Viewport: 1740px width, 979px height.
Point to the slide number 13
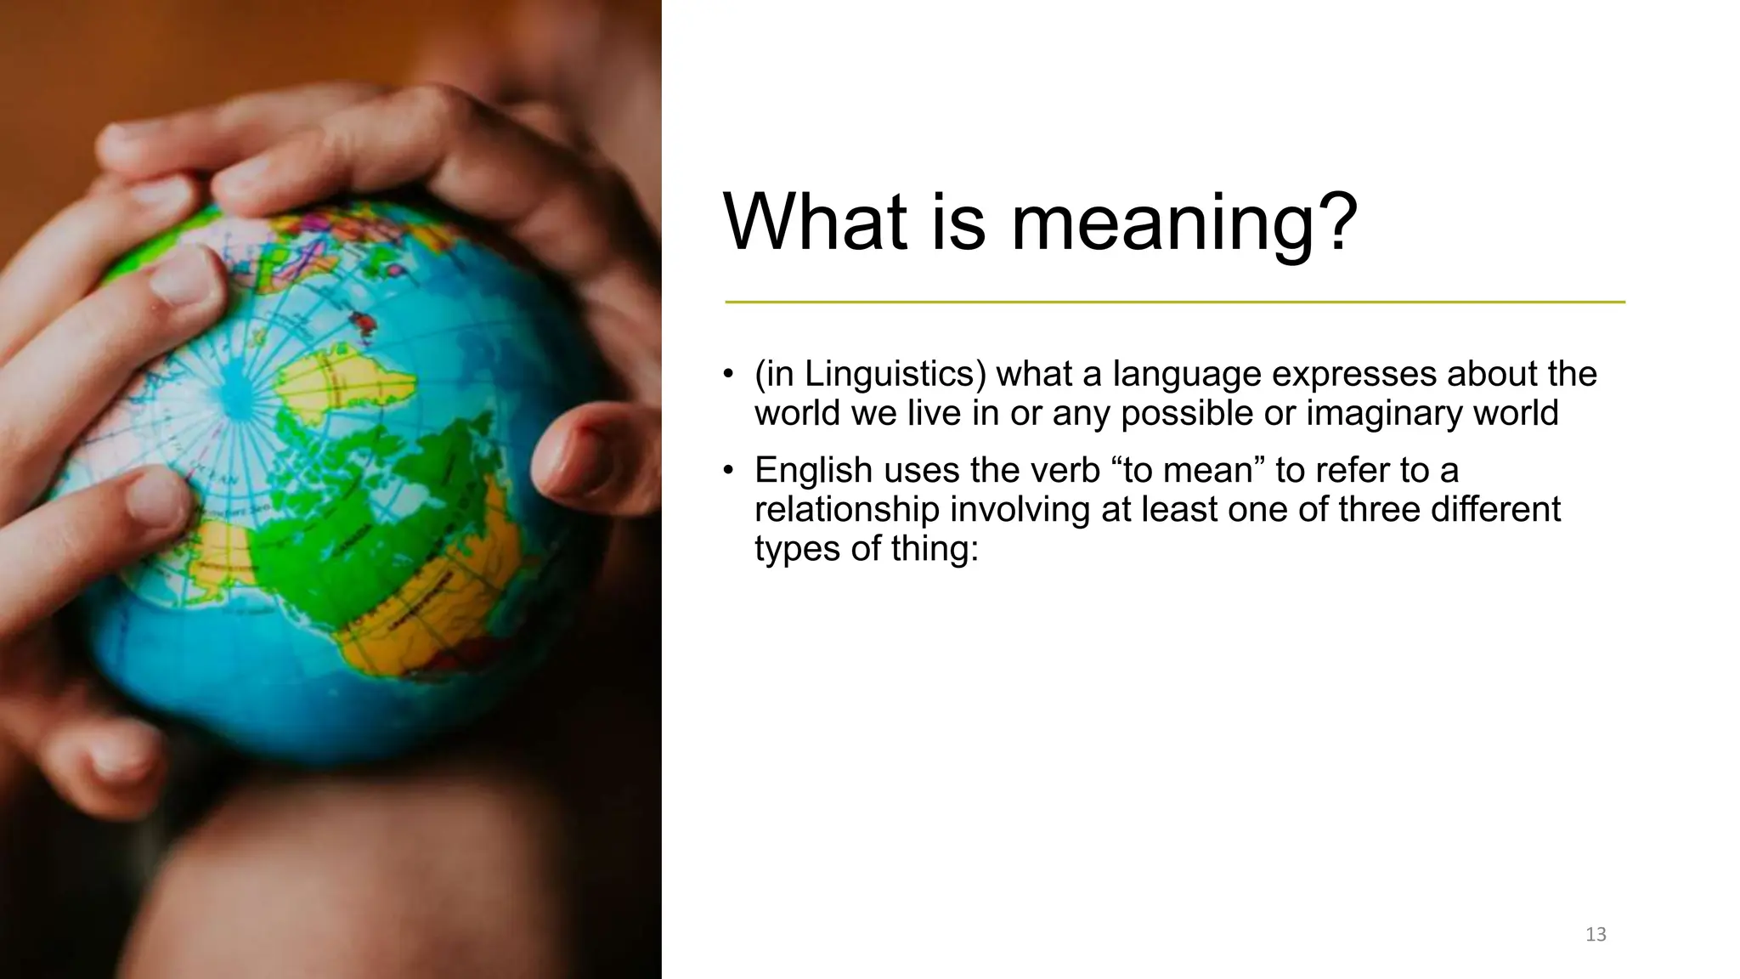(x=1596, y=935)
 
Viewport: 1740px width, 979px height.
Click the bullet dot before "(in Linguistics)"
(x=728, y=375)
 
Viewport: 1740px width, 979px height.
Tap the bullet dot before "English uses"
(x=728, y=471)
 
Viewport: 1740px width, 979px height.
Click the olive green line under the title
(x=1174, y=302)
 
